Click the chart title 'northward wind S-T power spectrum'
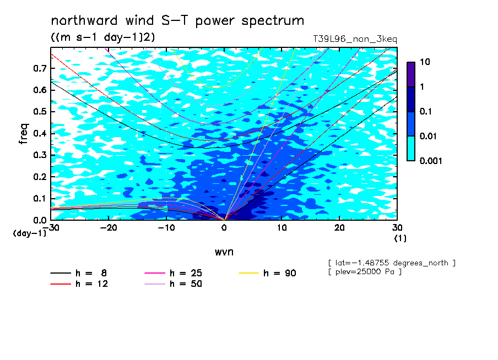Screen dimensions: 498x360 click(177, 21)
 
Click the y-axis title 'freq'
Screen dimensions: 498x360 click(24, 134)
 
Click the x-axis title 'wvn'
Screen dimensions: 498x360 click(224, 252)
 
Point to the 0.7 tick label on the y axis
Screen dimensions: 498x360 click(40, 68)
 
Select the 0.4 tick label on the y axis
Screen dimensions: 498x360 click(40, 133)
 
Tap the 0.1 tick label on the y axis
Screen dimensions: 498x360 click(40, 198)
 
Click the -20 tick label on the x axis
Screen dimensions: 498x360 click(109, 228)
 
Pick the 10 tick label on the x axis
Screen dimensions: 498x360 click(282, 228)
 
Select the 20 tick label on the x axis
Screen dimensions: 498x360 click(339, 228)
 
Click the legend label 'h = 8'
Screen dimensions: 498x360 click(91, 273)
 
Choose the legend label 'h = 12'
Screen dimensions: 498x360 click(92, 283)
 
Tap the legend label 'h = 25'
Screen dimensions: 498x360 click(186, 273)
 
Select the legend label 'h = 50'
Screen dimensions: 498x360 click(186, 283)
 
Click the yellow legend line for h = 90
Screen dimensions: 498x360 click(248, 273)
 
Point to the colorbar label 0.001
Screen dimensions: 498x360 click(431, 161)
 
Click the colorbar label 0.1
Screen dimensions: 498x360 click(426, 111)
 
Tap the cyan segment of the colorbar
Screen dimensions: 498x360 click(411, 148)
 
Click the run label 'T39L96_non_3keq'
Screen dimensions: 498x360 click(355, 39)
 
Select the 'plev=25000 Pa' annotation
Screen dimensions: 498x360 click(365, 272)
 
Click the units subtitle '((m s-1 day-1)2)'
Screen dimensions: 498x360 click(103, 37)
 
